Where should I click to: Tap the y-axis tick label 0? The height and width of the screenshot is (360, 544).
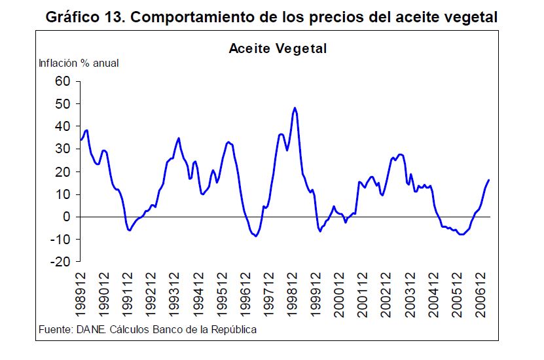[65, 217]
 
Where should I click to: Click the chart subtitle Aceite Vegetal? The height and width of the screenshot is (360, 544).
[278, 48]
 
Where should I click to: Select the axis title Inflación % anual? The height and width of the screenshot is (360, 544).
[79, 63]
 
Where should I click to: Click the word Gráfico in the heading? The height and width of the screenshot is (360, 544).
[73, 18]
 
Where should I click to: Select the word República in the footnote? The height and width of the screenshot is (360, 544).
[234, 329]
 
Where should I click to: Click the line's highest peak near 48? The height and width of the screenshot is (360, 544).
[295, 108]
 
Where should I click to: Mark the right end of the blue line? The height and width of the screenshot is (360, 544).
[488, 180]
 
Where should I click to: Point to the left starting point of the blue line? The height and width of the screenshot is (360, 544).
[81, 139]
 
